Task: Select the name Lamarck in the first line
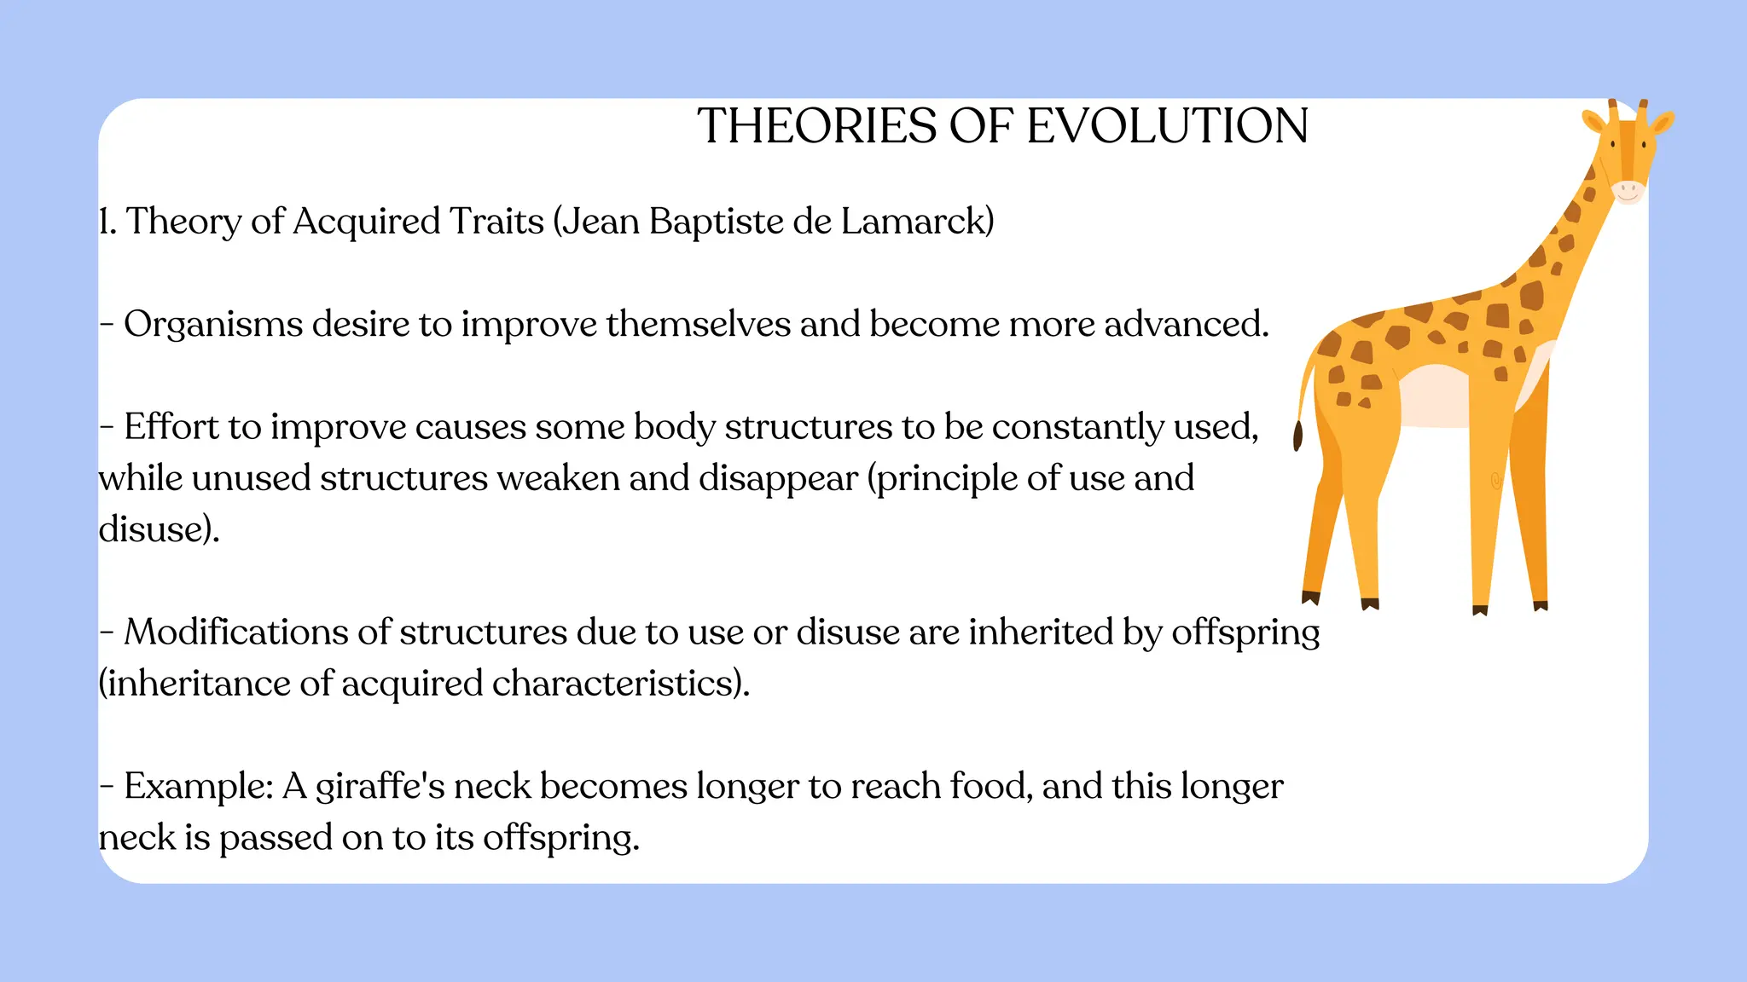coord(917,221)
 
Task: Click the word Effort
coord(171,426)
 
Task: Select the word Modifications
coord(235,633)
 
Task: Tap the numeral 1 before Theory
coord(105,222)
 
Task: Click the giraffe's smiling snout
coord(1628,191)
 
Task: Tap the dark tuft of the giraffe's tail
coord(1298,436)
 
